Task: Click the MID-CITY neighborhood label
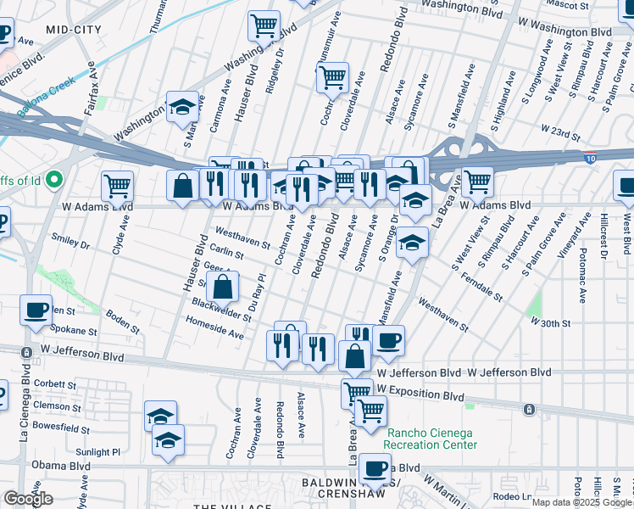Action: [74, 30]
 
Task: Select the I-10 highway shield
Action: [591, 158]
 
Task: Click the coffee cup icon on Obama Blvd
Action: [374, 468]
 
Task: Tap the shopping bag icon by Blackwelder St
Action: [221, 288]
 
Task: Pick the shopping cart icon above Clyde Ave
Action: [117, 185]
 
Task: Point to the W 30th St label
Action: [551, 323]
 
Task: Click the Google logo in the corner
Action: [28, 499]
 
